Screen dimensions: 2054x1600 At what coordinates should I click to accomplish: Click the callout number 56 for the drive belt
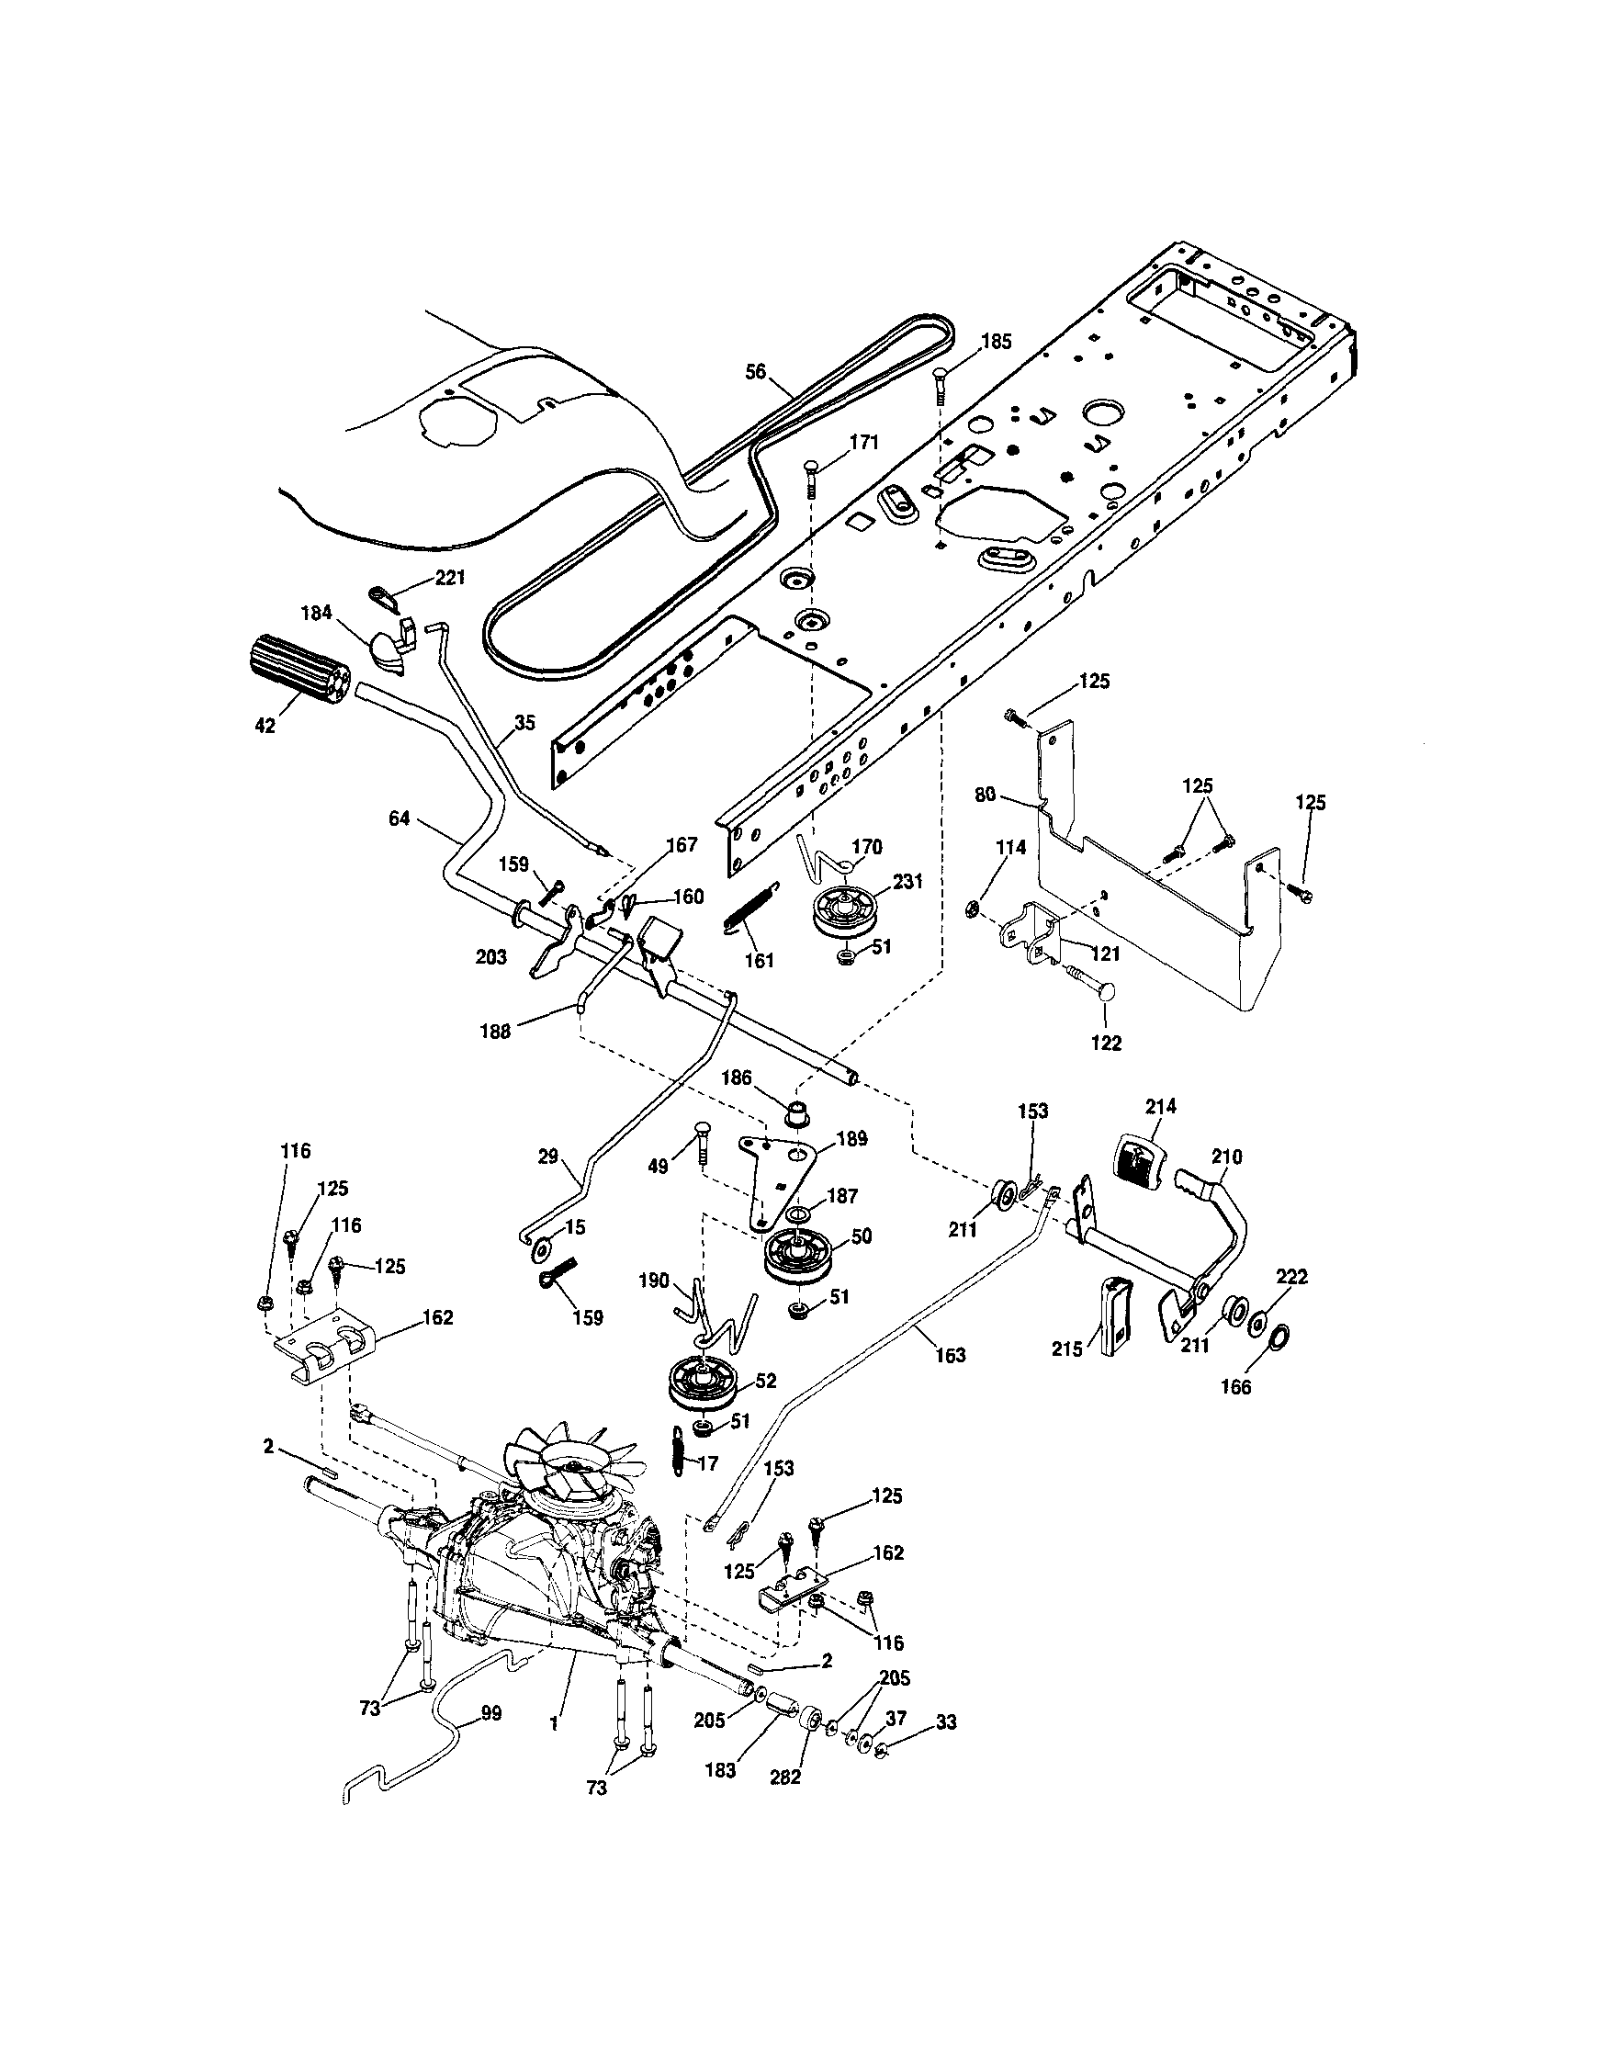[755, 371]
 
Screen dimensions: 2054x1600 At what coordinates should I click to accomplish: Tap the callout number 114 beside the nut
[1010, 847]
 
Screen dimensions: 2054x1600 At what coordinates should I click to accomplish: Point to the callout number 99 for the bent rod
[490, 1712]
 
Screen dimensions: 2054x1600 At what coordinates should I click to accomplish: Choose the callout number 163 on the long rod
[950, 1355]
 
